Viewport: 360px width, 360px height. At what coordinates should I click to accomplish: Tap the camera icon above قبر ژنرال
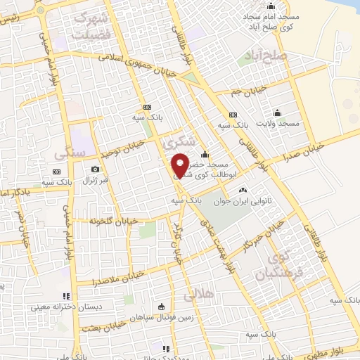pyautogui.click(x=95, y=169)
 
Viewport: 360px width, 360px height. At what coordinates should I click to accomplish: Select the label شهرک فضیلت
pyautogui.click(x=112, y=25)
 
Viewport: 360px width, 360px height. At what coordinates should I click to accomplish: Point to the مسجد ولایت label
pyautogui.click(x=278, y=123)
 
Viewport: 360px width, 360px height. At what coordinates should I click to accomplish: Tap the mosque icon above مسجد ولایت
pyautogui.click(x=278, y=112)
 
